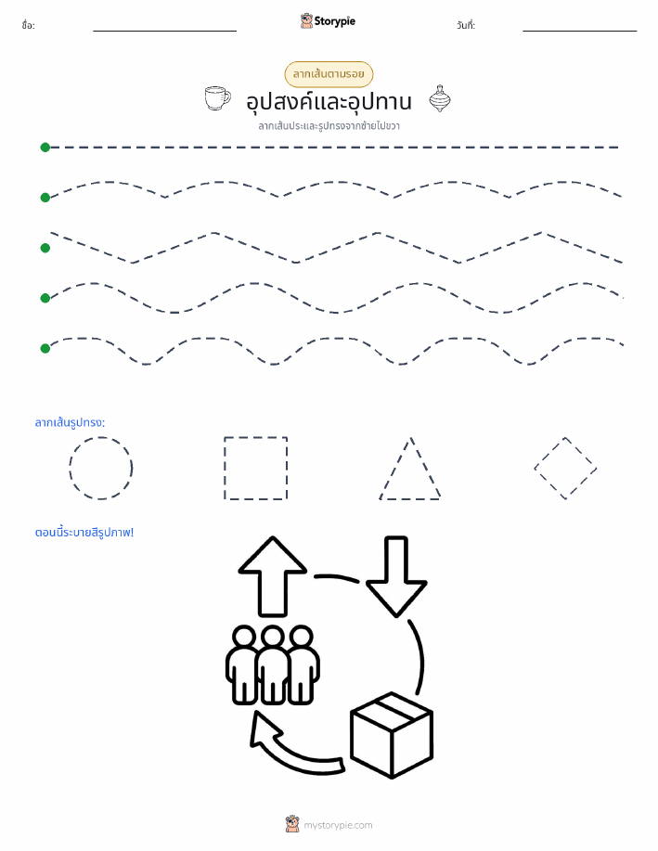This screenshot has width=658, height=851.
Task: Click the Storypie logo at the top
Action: [x=328, y=21]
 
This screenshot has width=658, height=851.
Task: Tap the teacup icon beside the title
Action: [x=217, y=98]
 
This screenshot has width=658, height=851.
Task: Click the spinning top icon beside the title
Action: [x=439, y=98]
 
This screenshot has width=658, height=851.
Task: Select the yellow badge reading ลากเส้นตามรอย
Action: [x=329, y=74]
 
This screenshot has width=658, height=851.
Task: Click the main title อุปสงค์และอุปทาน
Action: [x=329, y=101]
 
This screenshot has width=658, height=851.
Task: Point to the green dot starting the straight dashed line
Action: [x=45, y=147]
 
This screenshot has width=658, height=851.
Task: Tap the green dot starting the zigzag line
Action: [x=45, y=248]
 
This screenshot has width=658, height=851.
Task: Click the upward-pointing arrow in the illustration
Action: [x=273, y=576]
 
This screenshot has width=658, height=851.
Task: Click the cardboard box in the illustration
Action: [x=392, y=735]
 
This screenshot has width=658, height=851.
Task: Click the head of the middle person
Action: [x=273, y=638]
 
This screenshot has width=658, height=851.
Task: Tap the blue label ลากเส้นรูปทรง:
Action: [x=70, y=422]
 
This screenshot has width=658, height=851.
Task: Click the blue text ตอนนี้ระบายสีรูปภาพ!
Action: [x=84, y=533]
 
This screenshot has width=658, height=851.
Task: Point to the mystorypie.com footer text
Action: [x=338, y=825]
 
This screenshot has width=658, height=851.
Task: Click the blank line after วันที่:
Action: [x=579, y=31]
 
